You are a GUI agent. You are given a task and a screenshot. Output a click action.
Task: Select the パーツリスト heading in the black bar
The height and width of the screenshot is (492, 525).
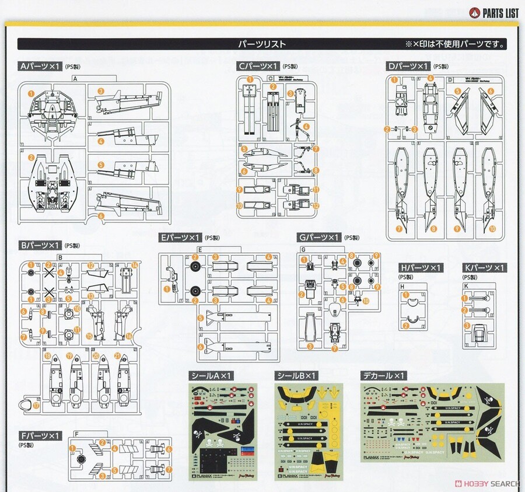[x=262, y=44]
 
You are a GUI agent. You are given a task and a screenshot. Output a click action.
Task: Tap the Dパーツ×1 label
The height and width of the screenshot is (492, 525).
[x=408, y=67]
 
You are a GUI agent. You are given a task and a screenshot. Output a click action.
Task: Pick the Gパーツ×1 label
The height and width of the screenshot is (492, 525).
[x=318, y=238]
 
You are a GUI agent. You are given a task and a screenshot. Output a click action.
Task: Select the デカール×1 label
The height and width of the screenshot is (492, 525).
[x=383, y=375]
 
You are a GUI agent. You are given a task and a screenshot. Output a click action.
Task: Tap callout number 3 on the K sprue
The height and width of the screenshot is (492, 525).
[x=467, y=326]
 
